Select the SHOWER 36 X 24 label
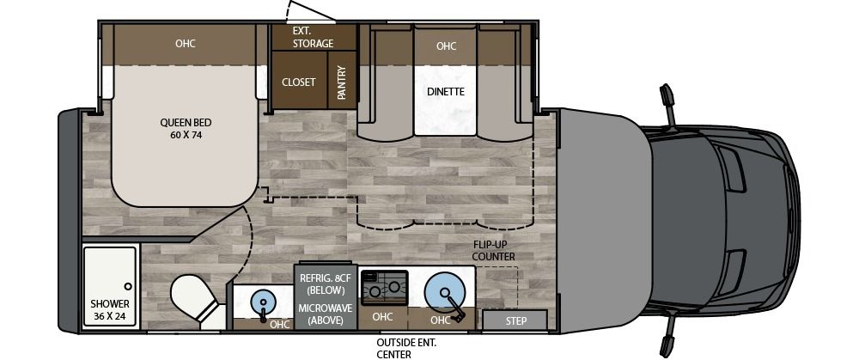tap(110, 309)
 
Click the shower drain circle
tap(127, 286)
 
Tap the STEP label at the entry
tap(515, 320)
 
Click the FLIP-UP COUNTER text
tap(494, 250)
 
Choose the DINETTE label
tap(445, 91)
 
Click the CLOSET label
tap(299, 82)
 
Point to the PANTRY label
tap(341, 83)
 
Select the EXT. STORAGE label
tap(313, 37)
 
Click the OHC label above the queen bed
tap(186, 43)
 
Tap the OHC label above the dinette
tap(446, 46)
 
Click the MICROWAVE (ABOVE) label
tap(320, 314)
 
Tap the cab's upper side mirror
tap(668, 101)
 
